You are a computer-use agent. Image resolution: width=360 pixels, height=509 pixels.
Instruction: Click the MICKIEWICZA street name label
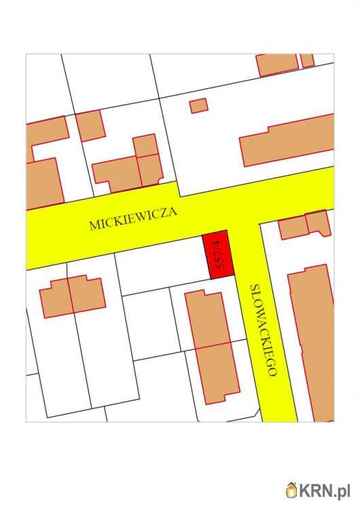pyautogui.click(x=133, y=219)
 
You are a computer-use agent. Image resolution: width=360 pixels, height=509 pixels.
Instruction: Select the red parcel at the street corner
pyautogui.click(x=219, y=254)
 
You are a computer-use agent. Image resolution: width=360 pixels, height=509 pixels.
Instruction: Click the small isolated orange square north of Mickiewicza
pyautogui.click(x=198, y=106)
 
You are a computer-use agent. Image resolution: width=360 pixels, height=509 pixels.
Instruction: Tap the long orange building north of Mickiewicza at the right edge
pyautogui.click(x=287, y=141)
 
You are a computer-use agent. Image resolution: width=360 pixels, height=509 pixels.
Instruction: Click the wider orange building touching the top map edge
pyautogui.click(x=277, y=64)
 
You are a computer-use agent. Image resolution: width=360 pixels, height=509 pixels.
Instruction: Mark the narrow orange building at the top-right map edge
pyautogui.click(x=308, y=60)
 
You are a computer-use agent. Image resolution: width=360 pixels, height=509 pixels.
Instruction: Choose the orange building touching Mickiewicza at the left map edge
pyautogui.click(x=43, y=182)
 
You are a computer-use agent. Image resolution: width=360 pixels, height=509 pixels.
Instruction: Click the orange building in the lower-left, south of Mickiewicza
pyautogui.click(x=73, y=296)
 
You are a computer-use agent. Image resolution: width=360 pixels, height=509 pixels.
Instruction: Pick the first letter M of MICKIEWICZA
pyautogui.click(x=94, y=227)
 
